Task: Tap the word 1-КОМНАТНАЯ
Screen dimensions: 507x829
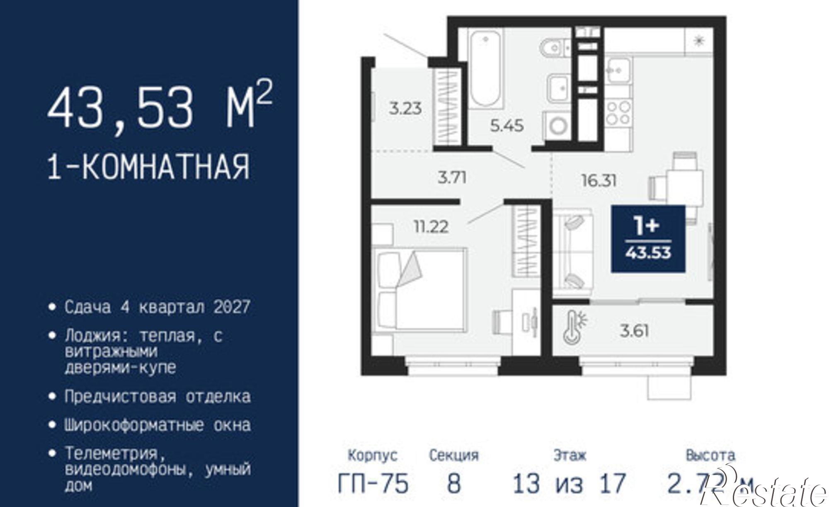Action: pyautogui.click(x=149, y=167)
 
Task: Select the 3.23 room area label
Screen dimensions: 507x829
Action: pyautogui.click(x=405, y=109)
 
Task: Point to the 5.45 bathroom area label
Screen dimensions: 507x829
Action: pyautogui.click(x=507, y=125)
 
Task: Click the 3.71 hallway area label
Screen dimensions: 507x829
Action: pyautogui.click(x=452, y=178)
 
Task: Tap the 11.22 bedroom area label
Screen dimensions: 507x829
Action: pyautogui.click(x=431, y=227)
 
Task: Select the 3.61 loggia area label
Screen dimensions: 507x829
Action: pyautogui.click(x=634, y=331)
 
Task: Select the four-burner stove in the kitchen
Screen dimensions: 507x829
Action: pyautogui.click(x=618, y=113)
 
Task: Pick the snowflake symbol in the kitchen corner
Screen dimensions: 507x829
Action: pyautogui.click(x=699, y=41)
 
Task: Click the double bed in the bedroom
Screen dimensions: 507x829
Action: pyautogui.click(x=419, y=289)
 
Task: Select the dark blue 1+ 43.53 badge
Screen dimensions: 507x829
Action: pyautogui.click(x=648, y=239)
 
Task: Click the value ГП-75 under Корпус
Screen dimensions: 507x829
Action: pyautogui.click(x=373, y=484)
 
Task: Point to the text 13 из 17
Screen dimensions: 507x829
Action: pyautogui.click(x=569, y=484)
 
